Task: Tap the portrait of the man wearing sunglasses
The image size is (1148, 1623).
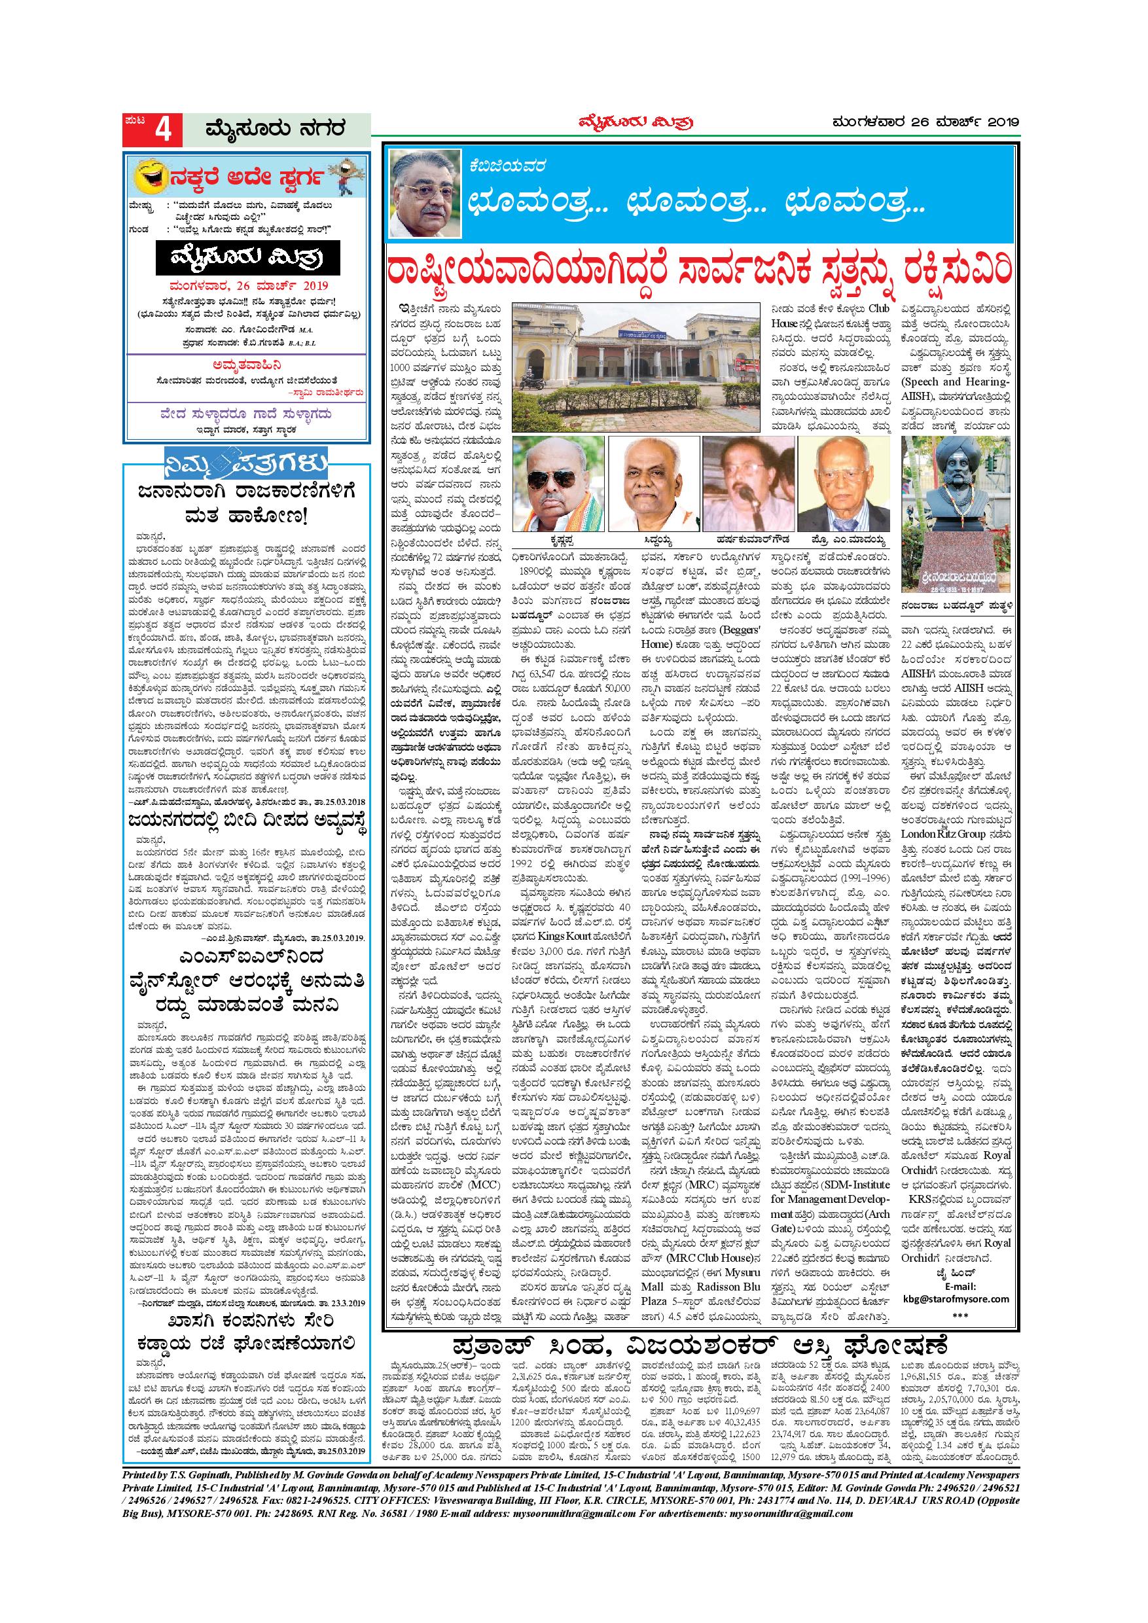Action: pos(558,484)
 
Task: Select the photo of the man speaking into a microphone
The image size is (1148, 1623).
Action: pos(747,484)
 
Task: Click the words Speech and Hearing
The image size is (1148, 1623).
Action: pos(957,382)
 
